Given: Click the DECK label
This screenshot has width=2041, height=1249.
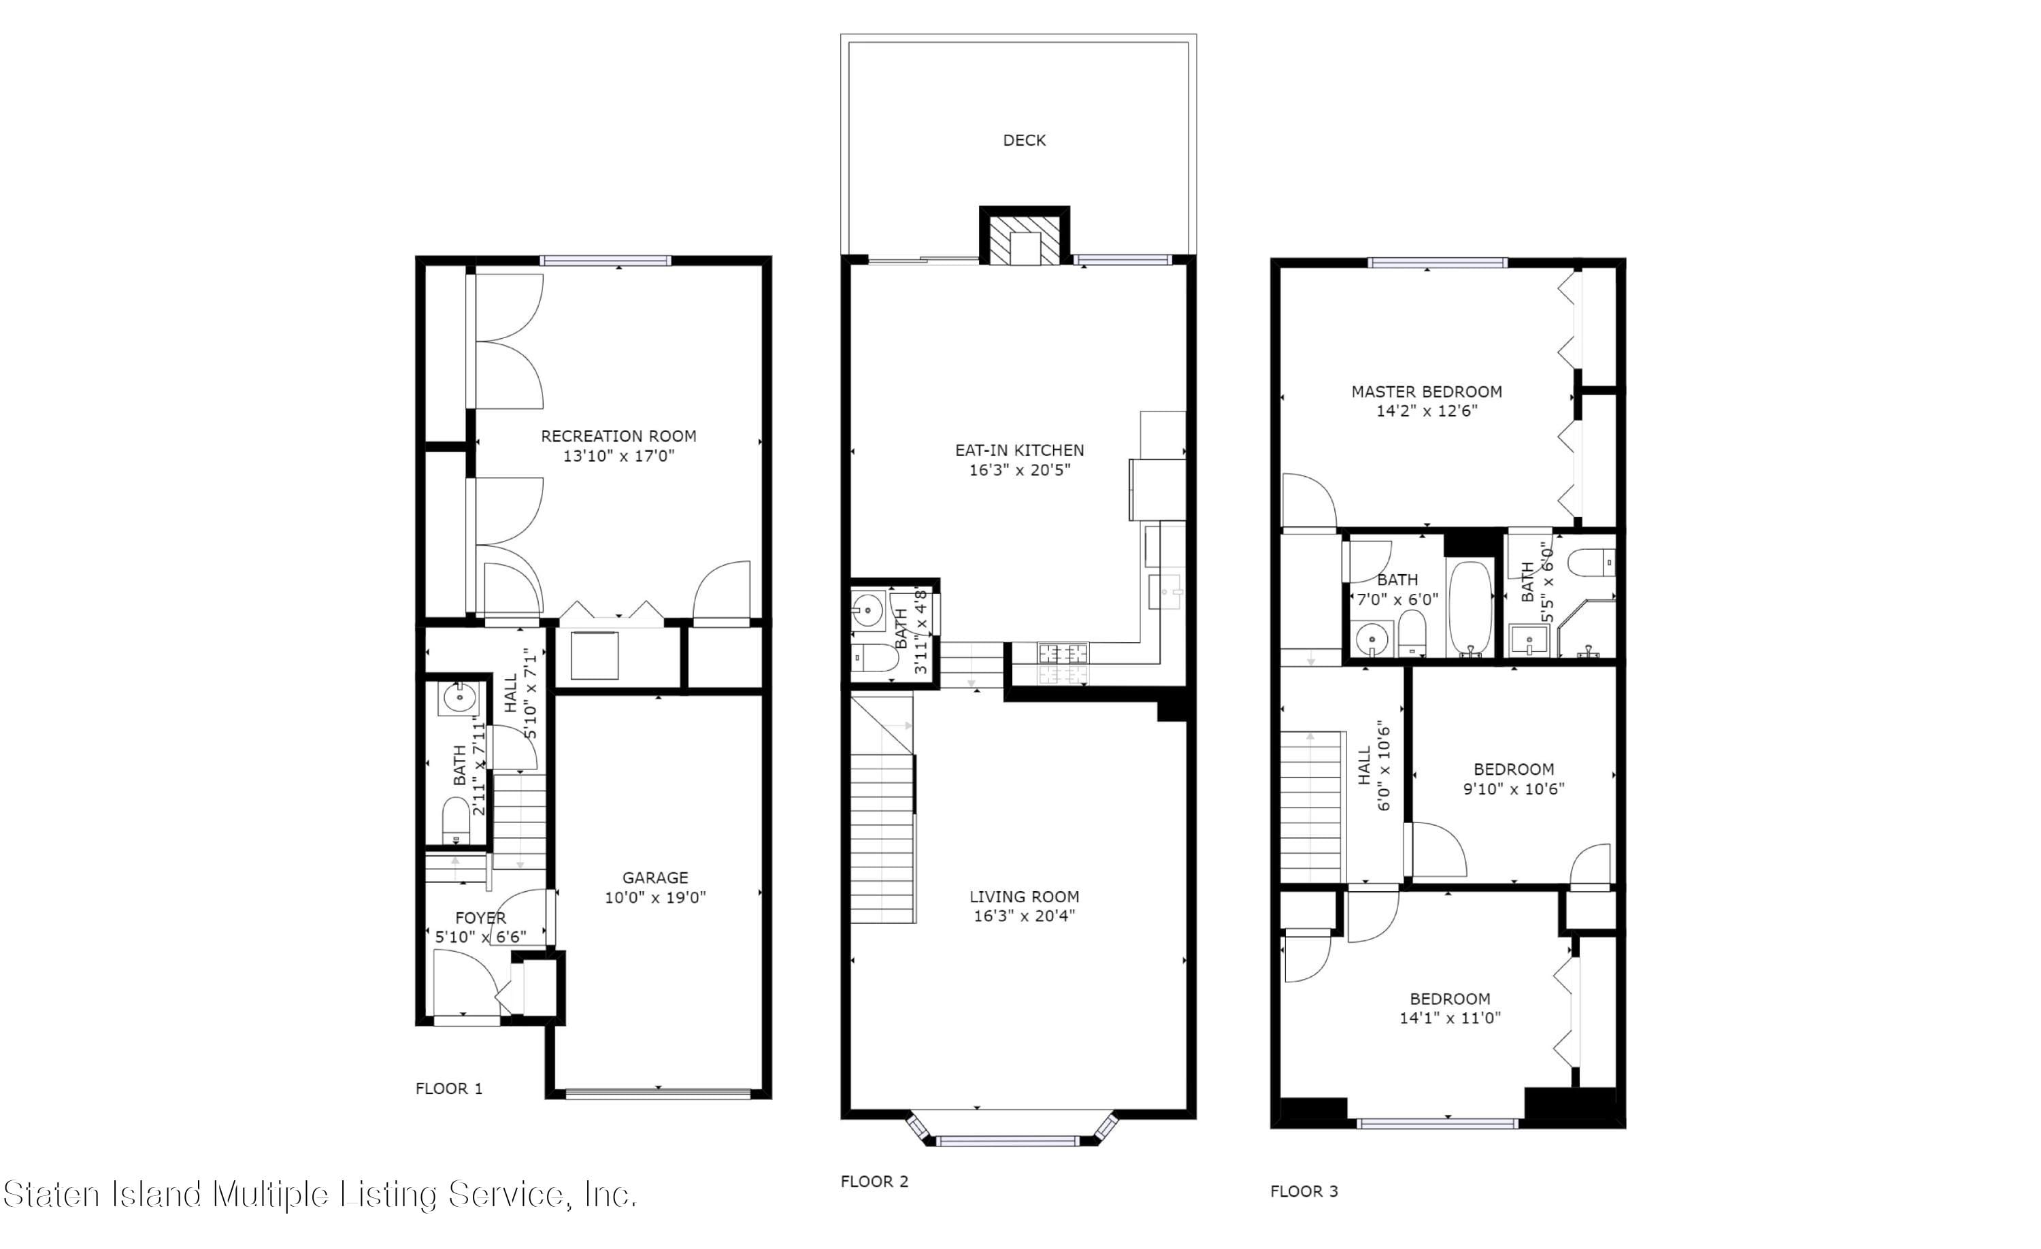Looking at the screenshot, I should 1024,141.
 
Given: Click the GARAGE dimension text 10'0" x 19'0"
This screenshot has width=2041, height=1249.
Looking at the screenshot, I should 654,897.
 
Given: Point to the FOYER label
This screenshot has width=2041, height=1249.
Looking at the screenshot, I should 480,918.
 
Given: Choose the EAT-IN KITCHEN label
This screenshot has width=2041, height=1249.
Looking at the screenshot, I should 1019,450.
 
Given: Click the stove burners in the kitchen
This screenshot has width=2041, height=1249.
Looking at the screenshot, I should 1063,663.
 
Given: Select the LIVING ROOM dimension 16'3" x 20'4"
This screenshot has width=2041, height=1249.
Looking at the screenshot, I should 1024,916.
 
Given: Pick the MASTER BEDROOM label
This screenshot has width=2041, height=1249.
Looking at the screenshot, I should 1427,392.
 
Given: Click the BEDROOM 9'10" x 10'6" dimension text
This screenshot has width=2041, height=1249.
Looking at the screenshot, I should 1513,789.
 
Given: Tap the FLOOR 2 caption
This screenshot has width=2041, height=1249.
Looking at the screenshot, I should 874,1182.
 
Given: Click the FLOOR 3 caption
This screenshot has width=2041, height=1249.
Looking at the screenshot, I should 1304,1192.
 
